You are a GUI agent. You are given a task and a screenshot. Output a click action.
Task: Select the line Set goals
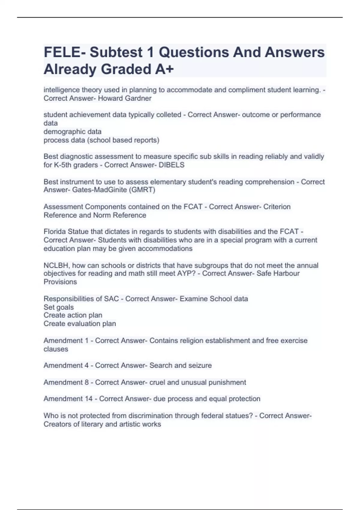tap(58, 307)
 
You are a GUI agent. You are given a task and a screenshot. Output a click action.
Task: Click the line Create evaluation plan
tap(79, 324)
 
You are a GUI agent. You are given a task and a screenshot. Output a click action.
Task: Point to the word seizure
tap(200, 365)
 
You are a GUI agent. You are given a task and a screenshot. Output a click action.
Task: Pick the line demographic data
tap(72, 132)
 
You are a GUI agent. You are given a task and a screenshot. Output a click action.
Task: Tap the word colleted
tap(169, 115)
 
